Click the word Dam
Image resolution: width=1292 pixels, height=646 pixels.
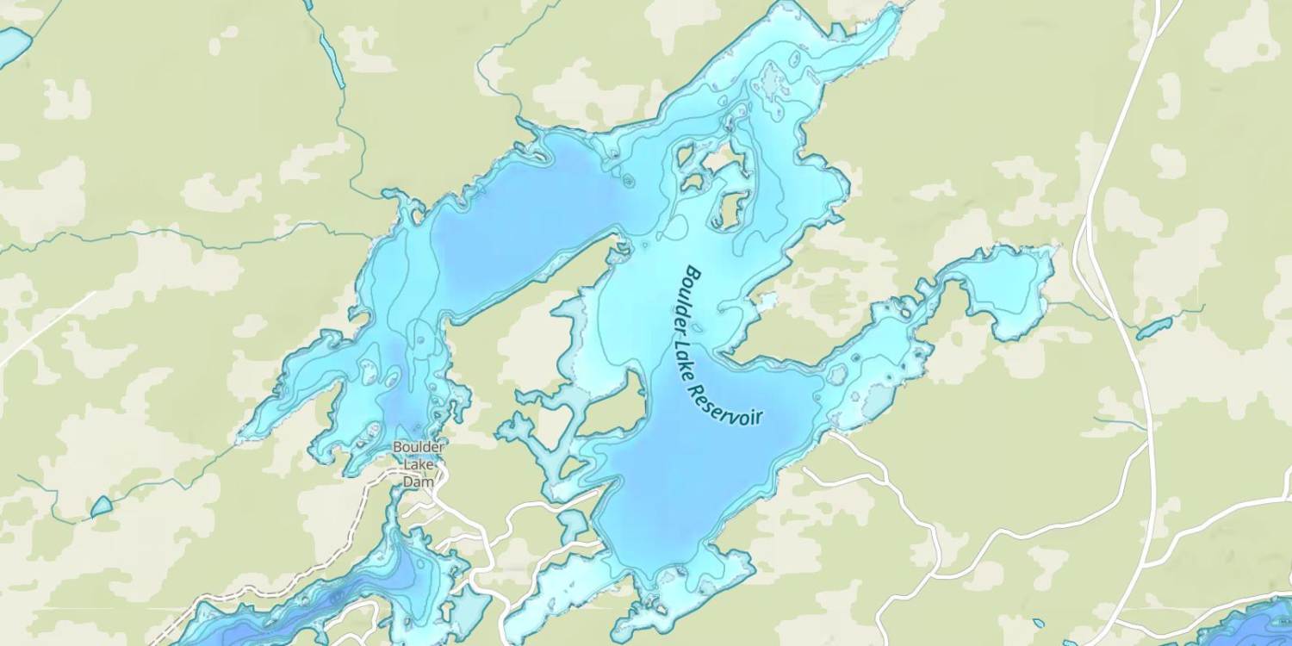418,482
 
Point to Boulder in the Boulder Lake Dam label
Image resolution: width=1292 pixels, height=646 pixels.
418,447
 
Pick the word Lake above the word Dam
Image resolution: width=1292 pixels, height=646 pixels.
418,465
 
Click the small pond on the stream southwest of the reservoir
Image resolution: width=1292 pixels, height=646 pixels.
101,507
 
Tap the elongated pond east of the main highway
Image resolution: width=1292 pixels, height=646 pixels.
1153,328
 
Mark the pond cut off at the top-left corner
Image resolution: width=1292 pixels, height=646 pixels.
12,45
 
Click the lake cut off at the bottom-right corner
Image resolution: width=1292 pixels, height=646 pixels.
1258,624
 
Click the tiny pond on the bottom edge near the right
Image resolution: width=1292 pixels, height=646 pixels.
1039,624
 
